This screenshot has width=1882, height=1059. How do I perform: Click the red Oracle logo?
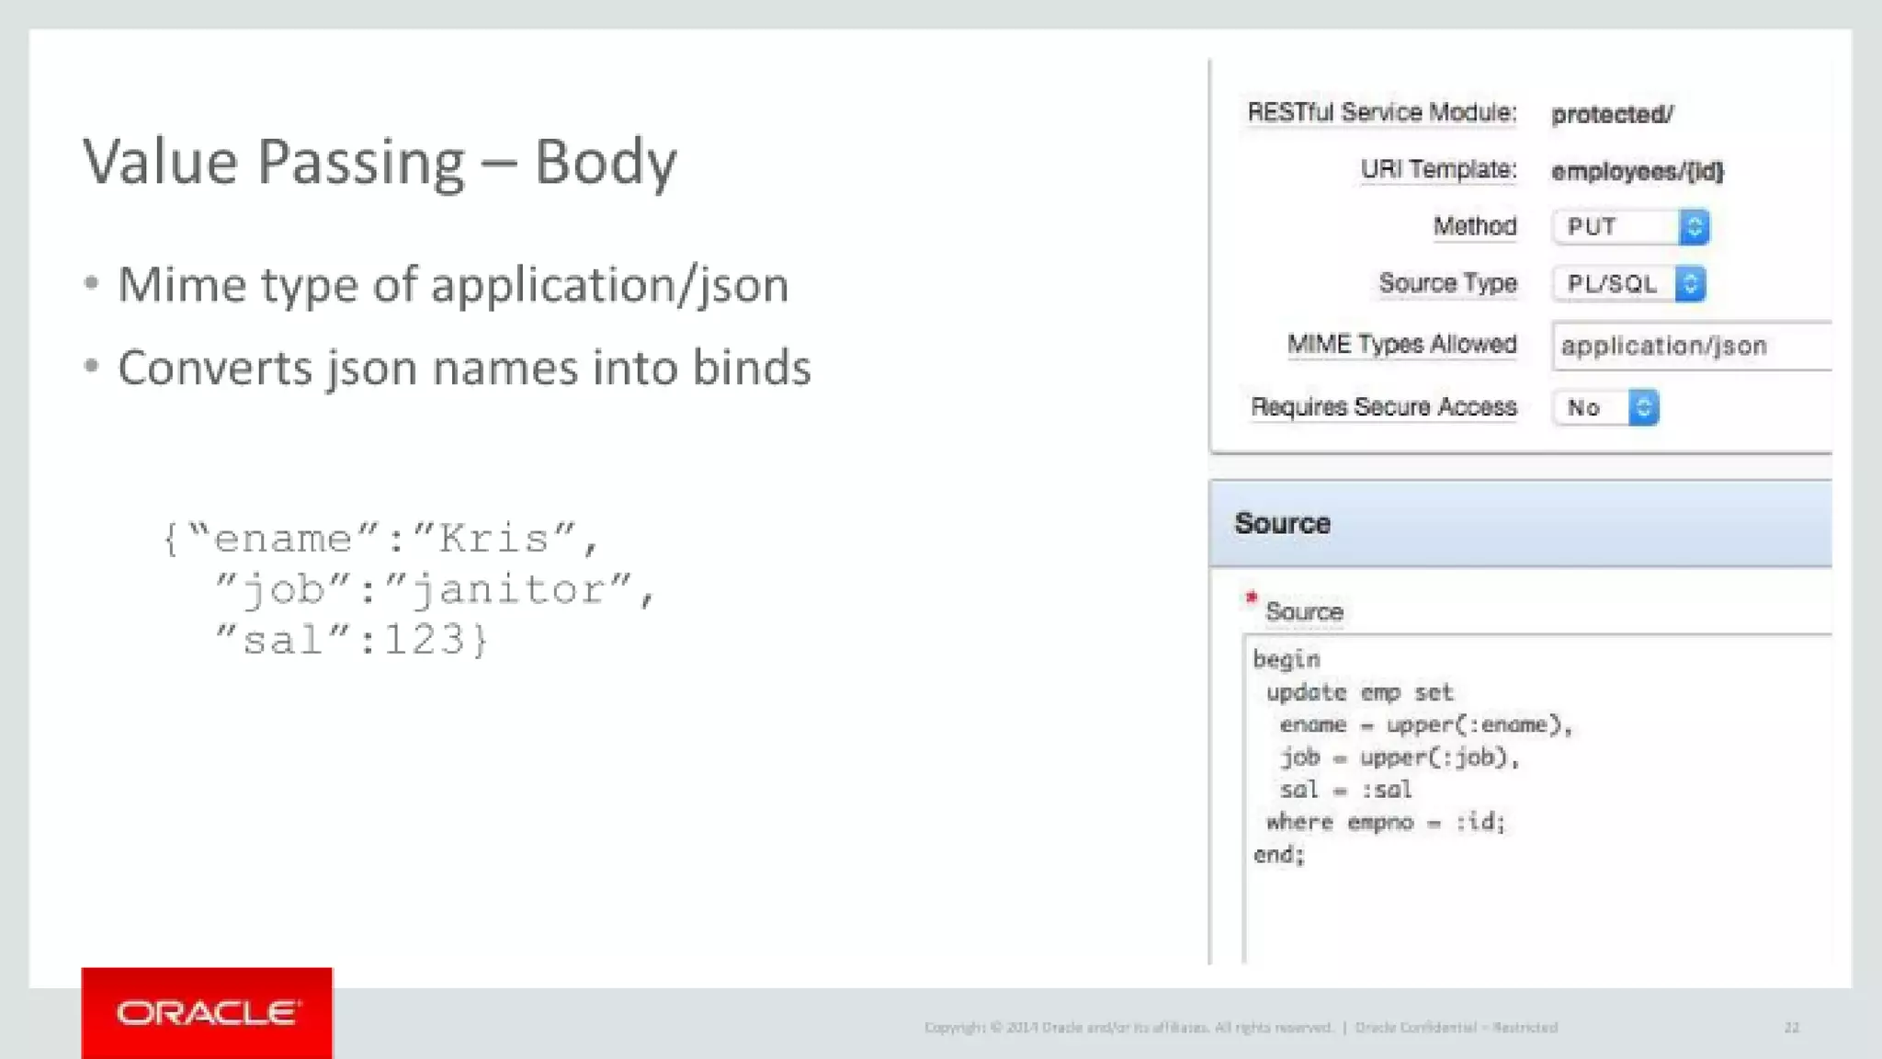click(207, 1013)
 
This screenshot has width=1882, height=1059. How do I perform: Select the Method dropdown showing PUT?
click(1630, 227)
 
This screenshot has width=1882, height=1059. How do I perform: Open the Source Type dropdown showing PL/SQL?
click(1628, 284)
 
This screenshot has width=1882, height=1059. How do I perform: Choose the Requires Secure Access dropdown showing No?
click(1605, 408)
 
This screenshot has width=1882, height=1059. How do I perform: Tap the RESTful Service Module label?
click(1381, 113)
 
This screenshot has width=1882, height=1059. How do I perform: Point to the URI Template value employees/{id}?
click(1638, 172)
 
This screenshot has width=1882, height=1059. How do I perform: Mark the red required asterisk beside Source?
click(1251, 598)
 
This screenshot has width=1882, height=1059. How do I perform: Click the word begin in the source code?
click(1287, 660)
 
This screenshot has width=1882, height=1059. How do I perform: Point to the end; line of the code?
click(1279, 855)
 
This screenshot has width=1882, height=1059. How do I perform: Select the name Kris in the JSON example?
click(493, 539)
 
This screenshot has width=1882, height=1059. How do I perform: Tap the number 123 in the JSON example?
click(425, 640)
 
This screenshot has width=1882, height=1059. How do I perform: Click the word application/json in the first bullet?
click(609, 285)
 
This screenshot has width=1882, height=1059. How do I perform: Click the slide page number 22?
click(1792, 1028)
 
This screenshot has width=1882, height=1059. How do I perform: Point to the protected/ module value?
click(1612, 115)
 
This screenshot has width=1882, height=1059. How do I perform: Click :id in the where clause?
click(1479, 822)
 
